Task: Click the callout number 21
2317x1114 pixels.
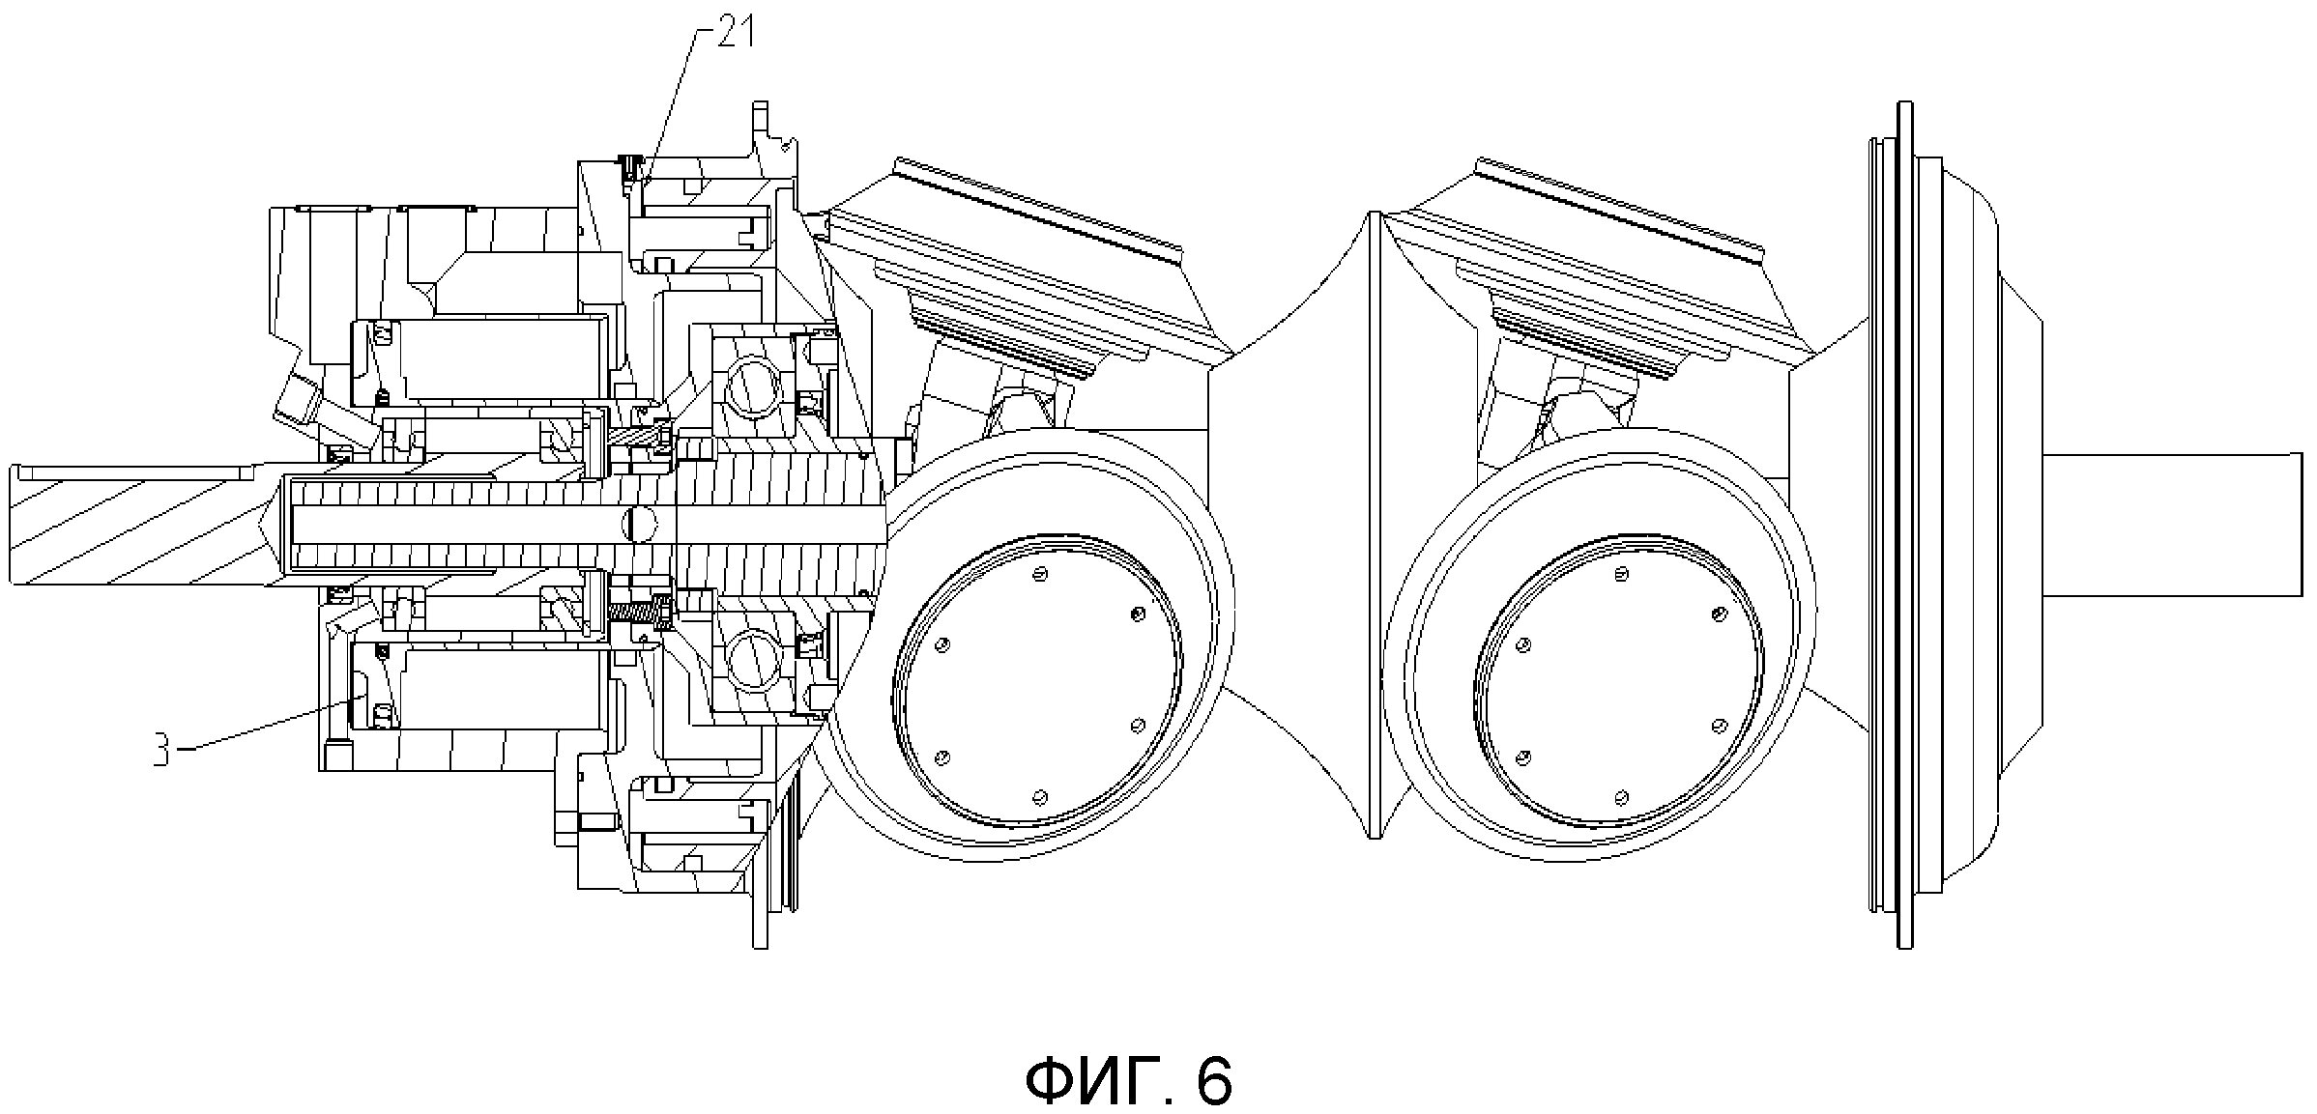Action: (x=736, y=36)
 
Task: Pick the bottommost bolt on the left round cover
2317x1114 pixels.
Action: (x=1040, y=797)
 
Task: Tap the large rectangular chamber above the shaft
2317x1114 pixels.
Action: (x=507, y=359)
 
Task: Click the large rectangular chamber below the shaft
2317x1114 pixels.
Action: (x=507, y=689)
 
